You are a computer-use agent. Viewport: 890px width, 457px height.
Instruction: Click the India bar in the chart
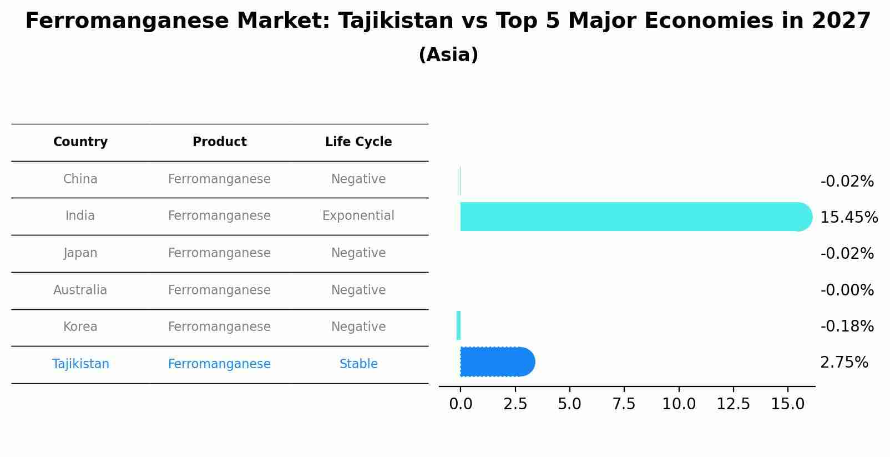(x=633, y=217)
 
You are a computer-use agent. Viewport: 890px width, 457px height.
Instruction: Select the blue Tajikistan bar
(x=494, y=362)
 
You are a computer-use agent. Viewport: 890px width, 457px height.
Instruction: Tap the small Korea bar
(x=458, y=325)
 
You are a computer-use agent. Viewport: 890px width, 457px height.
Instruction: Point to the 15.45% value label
(x=848, y=217)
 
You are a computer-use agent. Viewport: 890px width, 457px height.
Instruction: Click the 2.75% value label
(x=844, y=363)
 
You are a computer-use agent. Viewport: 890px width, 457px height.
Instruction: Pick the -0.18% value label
(x=847, y=326)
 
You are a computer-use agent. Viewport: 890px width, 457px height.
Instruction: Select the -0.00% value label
(x=847, y=290)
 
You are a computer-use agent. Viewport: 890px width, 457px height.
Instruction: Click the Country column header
(x=80, y=142)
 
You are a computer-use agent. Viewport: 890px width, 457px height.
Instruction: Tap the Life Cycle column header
(x=358, y=142)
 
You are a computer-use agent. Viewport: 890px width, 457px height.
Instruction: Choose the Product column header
(x=219, y=142)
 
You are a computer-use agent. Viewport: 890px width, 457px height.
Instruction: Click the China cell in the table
(x=80, y=179)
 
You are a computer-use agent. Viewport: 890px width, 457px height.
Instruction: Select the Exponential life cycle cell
(x=358, y=215)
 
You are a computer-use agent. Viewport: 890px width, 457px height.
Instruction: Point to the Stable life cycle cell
(x=358, y=364)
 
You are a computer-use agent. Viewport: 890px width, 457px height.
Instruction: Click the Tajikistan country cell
(x=80, y=364)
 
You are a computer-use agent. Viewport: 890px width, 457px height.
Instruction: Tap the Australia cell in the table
(x=80, y=290)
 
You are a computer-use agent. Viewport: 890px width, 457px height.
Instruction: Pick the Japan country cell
(x=80, y=253)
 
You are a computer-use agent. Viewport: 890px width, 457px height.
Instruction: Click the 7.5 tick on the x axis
(x=624, y=404)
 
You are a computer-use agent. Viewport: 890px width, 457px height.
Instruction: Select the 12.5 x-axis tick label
(x=733, y=404)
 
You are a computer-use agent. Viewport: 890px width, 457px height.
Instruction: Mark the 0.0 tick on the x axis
(x=461, y=404)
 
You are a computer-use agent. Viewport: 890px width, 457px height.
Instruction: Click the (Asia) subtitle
(x=448, y=55)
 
